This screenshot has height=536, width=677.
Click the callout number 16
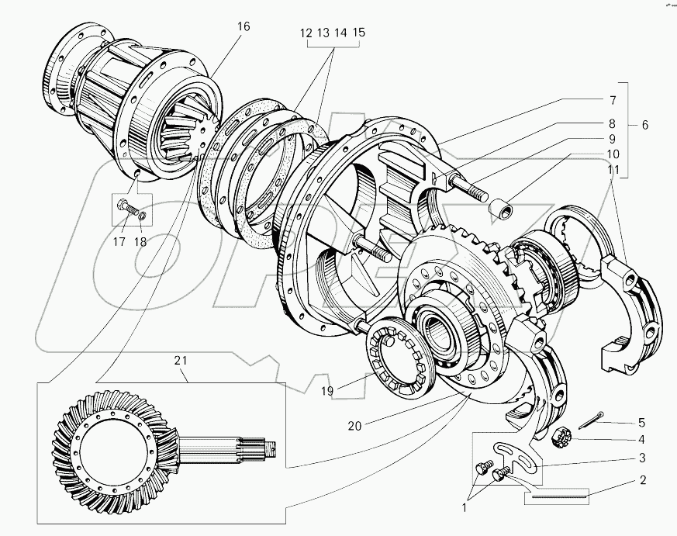244,26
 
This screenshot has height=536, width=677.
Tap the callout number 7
612,101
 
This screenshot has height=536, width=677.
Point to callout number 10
612,154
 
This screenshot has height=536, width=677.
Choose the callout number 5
641,423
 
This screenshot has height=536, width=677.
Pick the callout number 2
642,479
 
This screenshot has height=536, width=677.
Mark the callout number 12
305,33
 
